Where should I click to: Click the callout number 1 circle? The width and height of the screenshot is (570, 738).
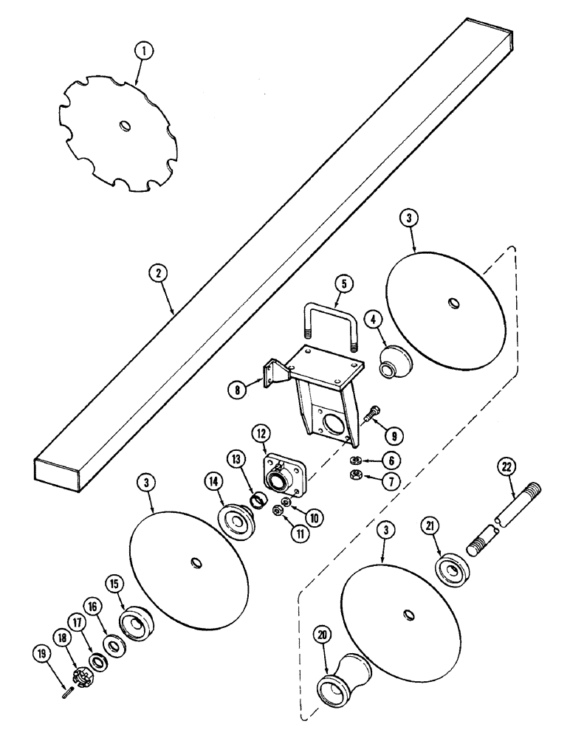click(145, 51)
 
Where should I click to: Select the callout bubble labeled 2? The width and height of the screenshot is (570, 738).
click(156, 272)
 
